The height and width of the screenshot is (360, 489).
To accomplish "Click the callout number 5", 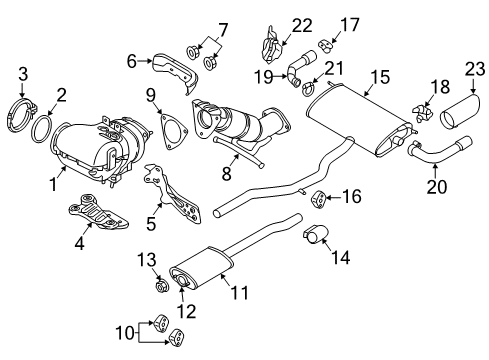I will point(152,212).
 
